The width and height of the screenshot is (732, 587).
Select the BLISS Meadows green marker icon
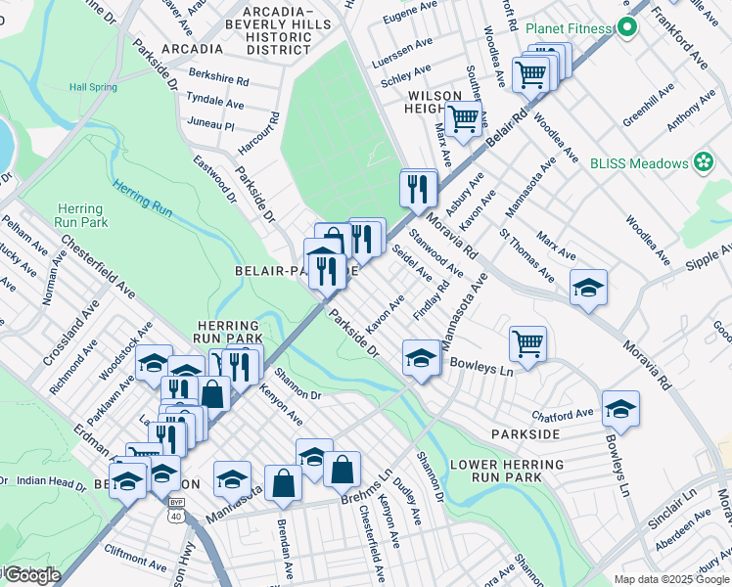point(702,162)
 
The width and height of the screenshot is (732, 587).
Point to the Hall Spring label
point(89,87)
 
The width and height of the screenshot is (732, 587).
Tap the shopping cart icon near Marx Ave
point(463,118)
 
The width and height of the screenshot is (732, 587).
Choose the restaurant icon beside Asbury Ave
point(419,186)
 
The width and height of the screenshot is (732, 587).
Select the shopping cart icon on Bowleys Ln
point(527,343)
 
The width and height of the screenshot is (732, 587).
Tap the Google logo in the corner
point(31,575)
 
